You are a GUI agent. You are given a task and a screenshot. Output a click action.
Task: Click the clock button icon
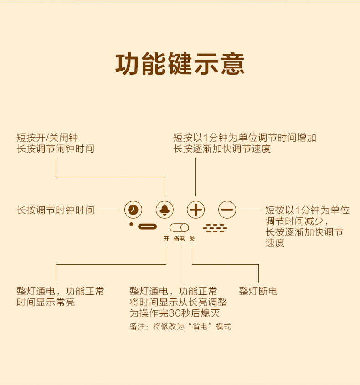[133, 210]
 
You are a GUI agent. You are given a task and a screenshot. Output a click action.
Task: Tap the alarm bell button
[165, 210]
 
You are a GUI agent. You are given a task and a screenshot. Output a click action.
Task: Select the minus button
[227, 210]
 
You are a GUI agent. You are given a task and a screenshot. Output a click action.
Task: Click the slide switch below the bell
[179, 227]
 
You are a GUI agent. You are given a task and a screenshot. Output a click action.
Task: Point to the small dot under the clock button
[131, 224]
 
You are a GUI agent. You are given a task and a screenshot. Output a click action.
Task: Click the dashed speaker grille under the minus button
[215, 228]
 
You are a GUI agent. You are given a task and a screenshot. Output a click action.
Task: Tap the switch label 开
[166, 238]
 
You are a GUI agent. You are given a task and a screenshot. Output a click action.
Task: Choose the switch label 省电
[179, 238]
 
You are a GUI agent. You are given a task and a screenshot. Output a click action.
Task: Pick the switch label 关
[192, 238]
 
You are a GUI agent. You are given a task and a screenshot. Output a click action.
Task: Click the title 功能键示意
[180, 64]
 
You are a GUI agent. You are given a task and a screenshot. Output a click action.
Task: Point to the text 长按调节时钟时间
[56, 210]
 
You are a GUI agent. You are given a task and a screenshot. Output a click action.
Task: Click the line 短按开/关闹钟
[47, 137]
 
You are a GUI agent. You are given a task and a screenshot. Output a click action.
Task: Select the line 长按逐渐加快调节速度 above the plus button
[222, 149]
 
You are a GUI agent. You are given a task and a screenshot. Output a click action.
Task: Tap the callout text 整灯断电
[258, 291]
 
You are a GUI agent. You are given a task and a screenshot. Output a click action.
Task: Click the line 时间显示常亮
[46, 302]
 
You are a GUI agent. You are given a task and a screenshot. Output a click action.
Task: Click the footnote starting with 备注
[180, 327]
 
